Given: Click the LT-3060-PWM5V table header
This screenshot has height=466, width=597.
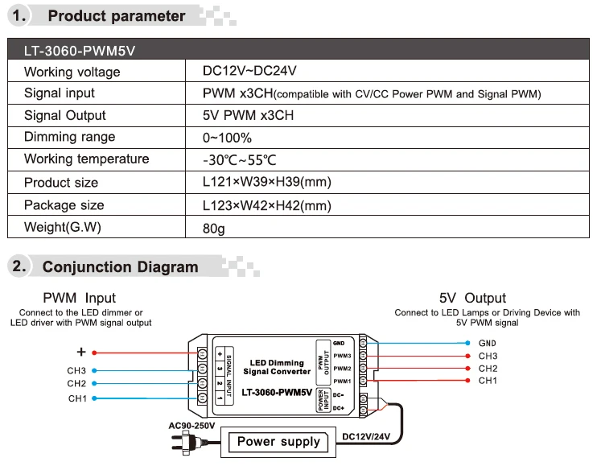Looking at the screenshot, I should [x=80, y=51].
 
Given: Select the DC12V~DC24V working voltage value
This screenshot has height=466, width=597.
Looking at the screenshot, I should [x=250, y=72].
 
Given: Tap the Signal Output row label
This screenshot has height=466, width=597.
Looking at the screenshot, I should [x=65, y=115].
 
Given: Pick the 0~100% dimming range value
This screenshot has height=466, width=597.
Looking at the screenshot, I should [x=228, y=138].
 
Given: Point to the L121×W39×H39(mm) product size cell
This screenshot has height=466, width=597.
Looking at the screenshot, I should [x=267, y=182].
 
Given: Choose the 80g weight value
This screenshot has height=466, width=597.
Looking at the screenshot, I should [x=214, y=228].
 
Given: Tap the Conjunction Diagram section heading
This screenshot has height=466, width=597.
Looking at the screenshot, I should [x=120, y=266].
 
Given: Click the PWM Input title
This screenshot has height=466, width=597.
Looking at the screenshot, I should [x=79, y=299].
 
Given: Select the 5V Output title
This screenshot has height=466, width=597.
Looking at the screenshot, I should [x=472, y=299].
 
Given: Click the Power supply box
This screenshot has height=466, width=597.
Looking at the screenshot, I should [x=278, y=441].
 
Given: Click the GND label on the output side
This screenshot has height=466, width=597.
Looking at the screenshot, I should [x=488, y=343].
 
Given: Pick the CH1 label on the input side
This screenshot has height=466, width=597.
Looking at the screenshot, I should [x=77, y=398].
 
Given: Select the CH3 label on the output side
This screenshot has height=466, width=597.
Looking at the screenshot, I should [x=488, y=356].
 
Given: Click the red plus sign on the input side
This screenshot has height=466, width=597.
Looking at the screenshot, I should [x=80, y=352].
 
